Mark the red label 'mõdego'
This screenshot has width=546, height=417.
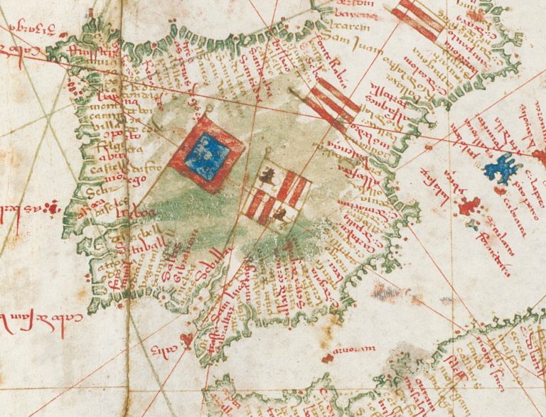(x=104, y=181)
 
